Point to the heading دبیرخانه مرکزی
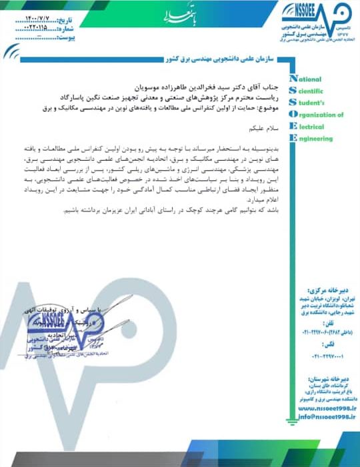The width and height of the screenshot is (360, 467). (x=324, y=292)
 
